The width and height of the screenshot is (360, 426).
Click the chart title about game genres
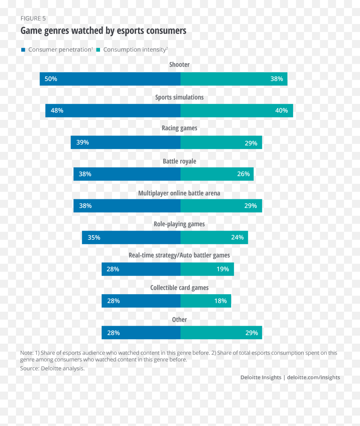tap(103, 31)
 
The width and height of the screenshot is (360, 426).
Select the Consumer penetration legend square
tap(23, 50)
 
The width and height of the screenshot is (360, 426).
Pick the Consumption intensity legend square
tap(98, 50)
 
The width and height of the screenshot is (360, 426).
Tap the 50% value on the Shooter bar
tap(51, 79)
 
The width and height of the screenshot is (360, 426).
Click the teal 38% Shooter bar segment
tap(234, 79)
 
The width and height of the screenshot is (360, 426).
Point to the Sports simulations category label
tap(179, 97)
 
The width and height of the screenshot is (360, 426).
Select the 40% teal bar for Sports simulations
tap(236, 111)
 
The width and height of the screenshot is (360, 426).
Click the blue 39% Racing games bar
tap(126, 143)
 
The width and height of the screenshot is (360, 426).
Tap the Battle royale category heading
tap(179, 161)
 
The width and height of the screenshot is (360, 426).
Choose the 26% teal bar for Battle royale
tap(217, 174)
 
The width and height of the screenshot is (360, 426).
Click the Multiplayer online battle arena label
tap(179, 193)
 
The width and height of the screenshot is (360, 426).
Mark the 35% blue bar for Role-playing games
tap(131, 238)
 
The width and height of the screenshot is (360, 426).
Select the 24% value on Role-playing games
tap(237, 238)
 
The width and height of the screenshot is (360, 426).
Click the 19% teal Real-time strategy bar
tap(207, 269)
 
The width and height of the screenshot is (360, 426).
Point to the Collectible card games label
tap(179, 288)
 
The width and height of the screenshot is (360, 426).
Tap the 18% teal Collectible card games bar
tap(206, 301)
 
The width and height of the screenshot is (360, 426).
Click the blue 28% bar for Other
tap(141, 333)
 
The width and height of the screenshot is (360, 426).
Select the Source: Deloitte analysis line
tap(52, 368)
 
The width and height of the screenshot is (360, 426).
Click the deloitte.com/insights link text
tap(314, 377)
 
